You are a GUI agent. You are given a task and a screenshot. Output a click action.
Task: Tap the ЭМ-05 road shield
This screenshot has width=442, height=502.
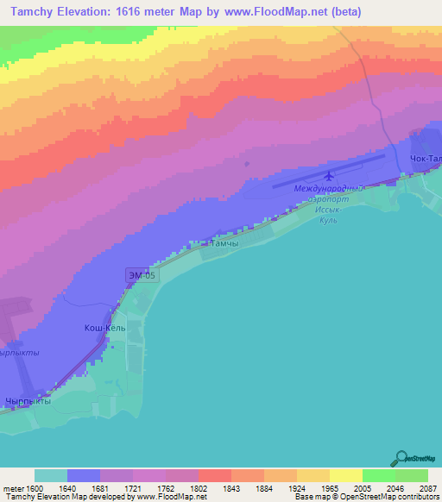141,275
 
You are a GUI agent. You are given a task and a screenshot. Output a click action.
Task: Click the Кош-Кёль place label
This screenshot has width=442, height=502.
104,328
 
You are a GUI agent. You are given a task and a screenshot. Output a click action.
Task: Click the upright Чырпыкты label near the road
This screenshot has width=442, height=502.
28,401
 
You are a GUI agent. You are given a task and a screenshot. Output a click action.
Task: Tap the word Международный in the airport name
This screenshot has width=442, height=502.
325,188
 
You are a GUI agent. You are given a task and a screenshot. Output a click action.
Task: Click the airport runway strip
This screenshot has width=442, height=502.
328,169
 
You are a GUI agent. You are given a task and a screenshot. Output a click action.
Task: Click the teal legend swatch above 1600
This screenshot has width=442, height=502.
51,475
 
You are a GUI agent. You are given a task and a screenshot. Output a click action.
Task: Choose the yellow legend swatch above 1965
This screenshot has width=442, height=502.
344,475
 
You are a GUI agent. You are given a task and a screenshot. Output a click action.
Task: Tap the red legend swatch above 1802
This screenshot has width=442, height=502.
214,475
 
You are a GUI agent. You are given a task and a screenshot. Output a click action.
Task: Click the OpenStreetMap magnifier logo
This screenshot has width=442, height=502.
400,458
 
